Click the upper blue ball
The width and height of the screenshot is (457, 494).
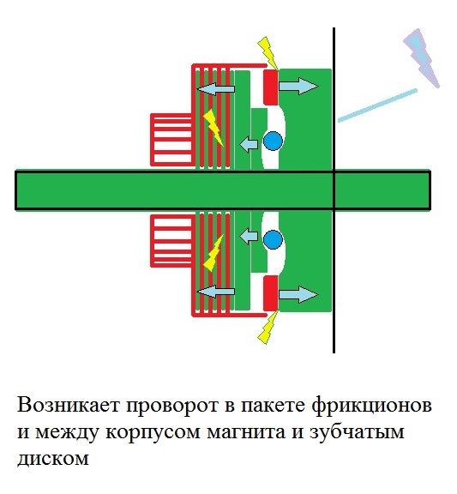(273, 141)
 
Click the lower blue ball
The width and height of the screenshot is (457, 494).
(273, 239)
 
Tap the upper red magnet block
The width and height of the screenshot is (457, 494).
(271, 87)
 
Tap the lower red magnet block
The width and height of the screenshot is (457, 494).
(271, 293)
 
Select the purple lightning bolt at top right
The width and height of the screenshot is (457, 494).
(421, 57)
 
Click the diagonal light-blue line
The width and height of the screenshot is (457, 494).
(377, 105)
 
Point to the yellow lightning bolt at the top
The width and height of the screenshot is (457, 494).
(268, 52)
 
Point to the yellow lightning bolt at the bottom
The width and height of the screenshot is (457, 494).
(268, 328)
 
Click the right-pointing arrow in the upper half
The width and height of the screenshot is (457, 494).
(298, 86)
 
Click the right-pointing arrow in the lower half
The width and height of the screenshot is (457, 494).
(298, 294)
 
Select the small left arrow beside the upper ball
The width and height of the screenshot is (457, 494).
(249, 144)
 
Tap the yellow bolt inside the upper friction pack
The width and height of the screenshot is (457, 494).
(213, 128)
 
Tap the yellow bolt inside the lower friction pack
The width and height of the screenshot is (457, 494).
(213, 253)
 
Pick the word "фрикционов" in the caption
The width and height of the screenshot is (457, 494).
(371, 406)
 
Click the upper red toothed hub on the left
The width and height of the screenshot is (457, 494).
(171, 140)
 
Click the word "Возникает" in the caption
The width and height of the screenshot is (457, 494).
(69, 405)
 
